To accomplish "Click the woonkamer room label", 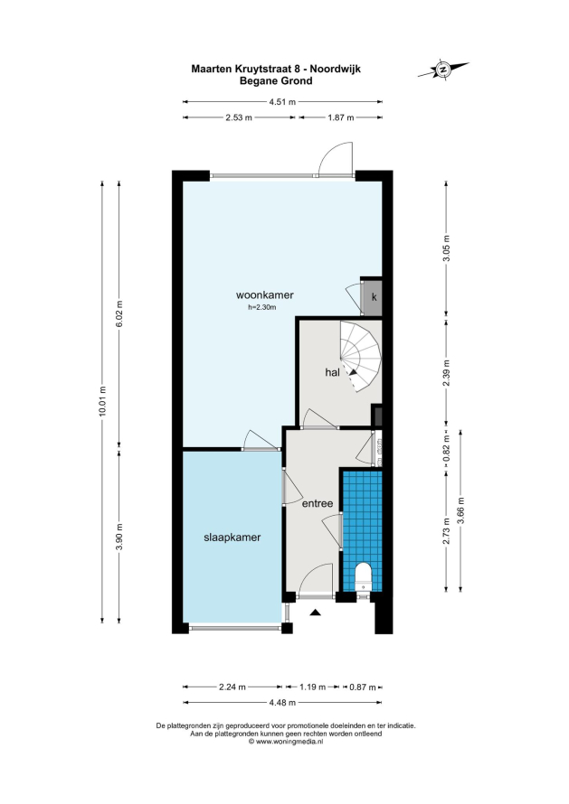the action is [x=264, y=294].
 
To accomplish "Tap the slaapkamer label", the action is [x=232, y=538].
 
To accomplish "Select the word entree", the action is [x=318, y=503].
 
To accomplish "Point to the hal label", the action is [x=332, y=372].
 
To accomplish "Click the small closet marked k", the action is [x=374, y=297].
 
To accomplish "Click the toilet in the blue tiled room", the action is [x=363, y=577].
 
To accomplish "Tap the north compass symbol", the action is [x=443, y=69].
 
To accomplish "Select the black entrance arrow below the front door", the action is [x=315, y=612].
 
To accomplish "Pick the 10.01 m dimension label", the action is [x=103, y=402].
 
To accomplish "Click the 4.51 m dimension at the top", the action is [x=282, y=101].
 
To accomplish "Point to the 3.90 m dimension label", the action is [x=119, y=537].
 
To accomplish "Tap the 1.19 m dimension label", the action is [x=313, y=687].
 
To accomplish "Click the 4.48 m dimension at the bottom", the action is [x=282, y=703].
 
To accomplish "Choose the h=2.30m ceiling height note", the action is [x=262, y=308].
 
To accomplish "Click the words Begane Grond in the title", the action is [x=276, y=80].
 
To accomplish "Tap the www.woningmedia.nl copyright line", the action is [x=286, y=741].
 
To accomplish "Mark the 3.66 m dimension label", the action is [x=460, y=510].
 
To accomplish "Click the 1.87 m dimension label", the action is [x=341, y=117].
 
